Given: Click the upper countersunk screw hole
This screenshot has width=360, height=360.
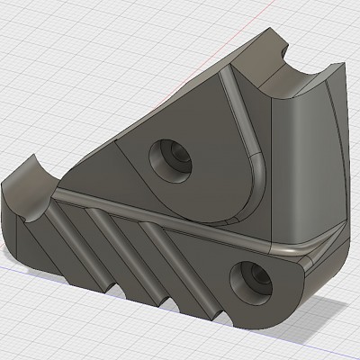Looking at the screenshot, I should click(x=168, y=156).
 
